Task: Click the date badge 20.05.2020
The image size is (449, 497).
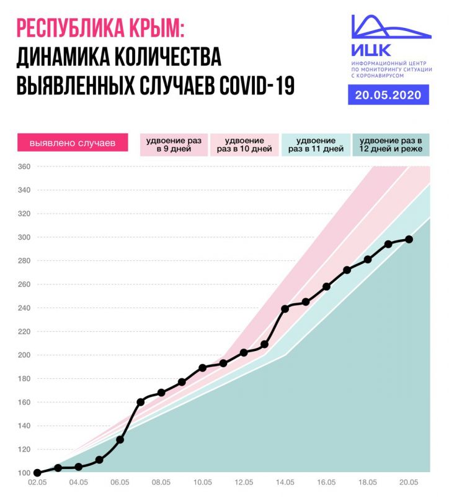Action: pos(388,95)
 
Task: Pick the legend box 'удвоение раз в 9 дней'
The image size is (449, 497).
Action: pos(173,144)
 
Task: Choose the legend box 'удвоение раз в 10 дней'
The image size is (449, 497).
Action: pos(244,144)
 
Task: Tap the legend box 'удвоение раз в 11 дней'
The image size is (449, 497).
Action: pos(316,144)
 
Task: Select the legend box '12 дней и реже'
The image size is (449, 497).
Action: pos(390,144)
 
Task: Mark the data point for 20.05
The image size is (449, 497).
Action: pos(409,239)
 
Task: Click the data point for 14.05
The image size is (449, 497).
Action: pos(285,308)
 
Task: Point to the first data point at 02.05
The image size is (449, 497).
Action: pos(37,473)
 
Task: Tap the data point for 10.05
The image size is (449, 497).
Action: pos(202,368)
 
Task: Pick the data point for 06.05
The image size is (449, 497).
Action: pos(120,440)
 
